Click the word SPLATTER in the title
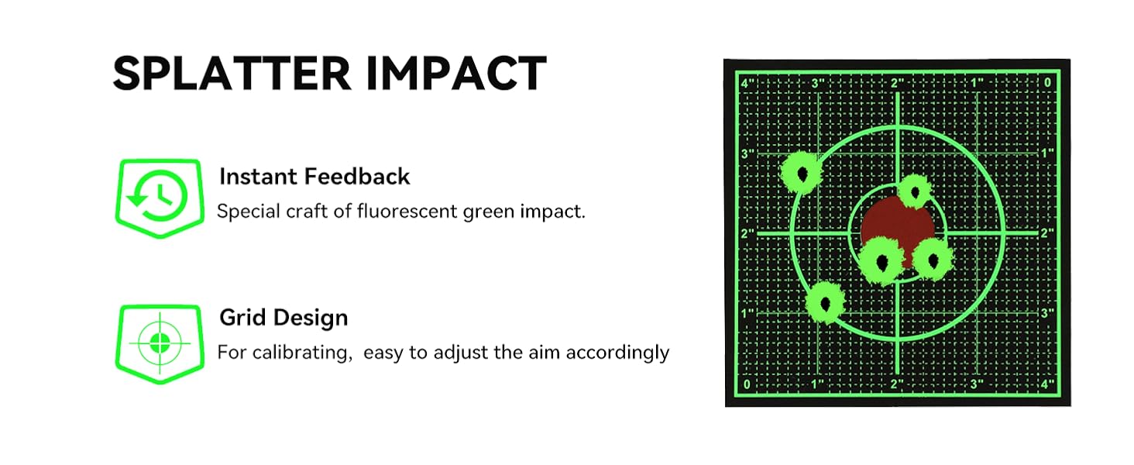(232, 74)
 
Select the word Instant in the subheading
(257, 177)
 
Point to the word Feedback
(357, 177)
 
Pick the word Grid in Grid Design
(242, 318)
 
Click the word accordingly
(617, 353)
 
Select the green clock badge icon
(160, 198)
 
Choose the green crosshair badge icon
(160, 344)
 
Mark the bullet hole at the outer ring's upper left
(802, 174)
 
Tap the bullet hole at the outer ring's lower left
(825, 304)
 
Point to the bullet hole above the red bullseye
(915, 191)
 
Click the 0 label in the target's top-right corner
(1047, 83)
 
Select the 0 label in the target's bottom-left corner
(747, 384)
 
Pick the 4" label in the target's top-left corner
(747, 84)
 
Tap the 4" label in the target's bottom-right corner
(1047, 384)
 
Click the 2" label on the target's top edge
(897, 83)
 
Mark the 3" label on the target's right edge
(1047, 313)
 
